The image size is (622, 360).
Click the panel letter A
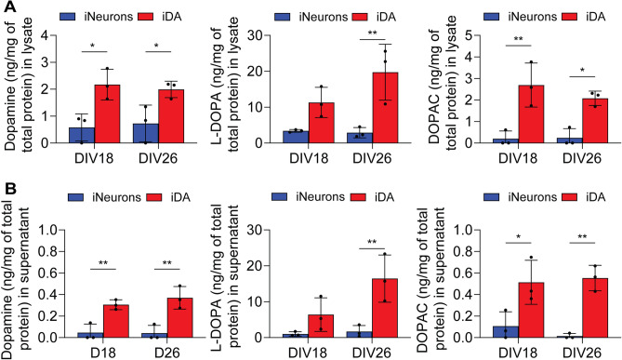(x=7, y=9)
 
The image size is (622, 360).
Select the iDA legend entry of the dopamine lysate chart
(x=165, y=15)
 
